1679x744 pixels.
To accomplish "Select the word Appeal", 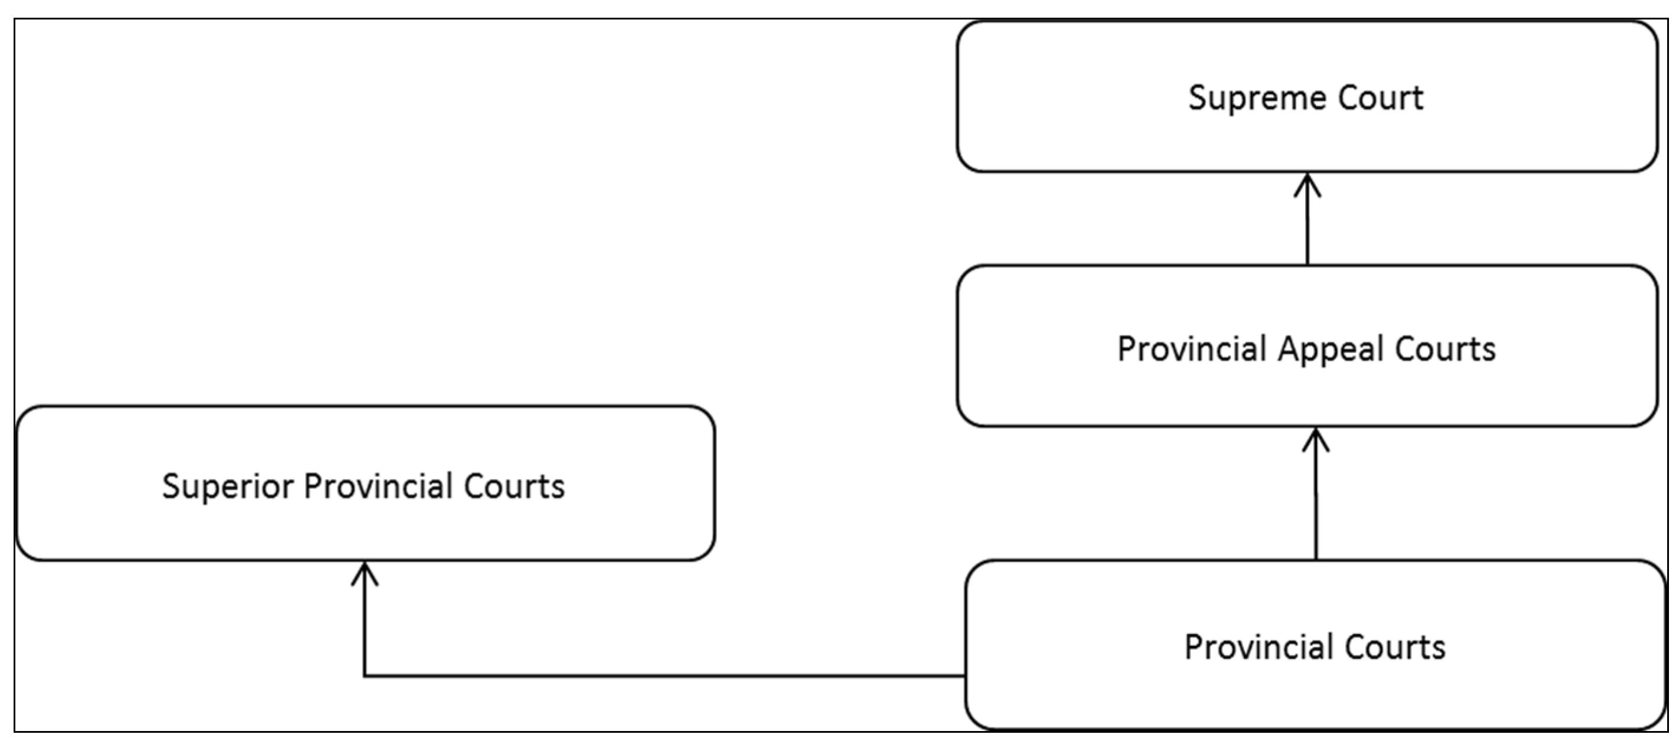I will [1329, 350].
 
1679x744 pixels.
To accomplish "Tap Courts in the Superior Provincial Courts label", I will [514, 487].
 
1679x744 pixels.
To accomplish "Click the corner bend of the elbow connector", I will [364, 676].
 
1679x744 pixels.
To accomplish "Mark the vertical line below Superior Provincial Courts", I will [364, 625].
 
